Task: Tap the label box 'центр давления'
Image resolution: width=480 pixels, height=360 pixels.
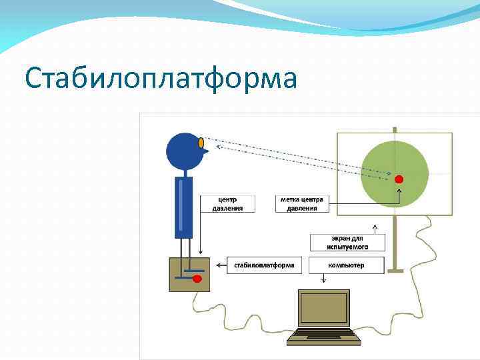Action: [x=227, y=203]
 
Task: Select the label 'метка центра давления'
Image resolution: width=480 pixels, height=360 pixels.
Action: [x=302, y=203]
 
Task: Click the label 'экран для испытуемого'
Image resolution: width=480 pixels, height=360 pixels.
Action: [x=348, y=242]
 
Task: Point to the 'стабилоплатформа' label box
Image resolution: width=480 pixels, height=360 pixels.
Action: [x=264, y=265]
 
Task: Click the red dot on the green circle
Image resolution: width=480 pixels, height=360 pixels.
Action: [x=399, y=179]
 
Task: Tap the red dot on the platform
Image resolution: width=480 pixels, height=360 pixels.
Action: [x=197, y=279]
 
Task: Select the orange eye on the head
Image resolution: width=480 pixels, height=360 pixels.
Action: [x=201, y=142]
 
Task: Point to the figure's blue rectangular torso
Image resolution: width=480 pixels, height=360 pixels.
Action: [x=183, y=207]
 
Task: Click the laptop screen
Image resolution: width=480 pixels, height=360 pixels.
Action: [x=324, y=308]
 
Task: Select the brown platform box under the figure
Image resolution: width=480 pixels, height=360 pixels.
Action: [x=189, y=273]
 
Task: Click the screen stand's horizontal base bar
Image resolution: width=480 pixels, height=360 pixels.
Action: [x=395, y=271]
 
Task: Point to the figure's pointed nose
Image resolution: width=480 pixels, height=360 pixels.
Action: [x=206, y=151]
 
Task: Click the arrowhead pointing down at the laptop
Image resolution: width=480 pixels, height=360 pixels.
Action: [x=323, y=281]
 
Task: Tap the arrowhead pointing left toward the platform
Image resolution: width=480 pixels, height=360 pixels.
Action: [x=217, y=265]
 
